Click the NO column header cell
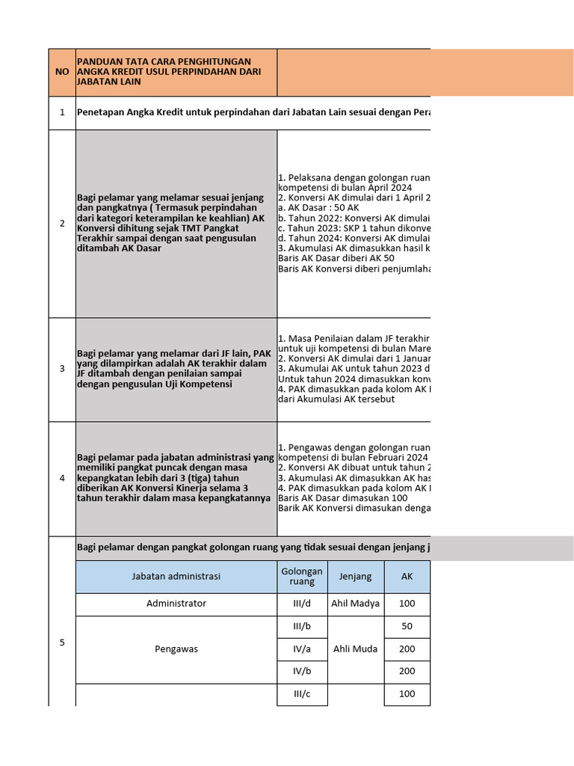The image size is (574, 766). click(62, 72)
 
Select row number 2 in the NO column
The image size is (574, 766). click(62, 223)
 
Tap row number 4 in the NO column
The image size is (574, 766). click(62, 478)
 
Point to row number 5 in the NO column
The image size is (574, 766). click(62, 641)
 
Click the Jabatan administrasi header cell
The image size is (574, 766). click(176, 577)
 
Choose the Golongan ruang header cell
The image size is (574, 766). click(302, 577)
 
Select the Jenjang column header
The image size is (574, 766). click(355, 577)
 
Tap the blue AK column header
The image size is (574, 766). click(407, 577)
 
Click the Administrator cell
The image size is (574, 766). click(176, 604)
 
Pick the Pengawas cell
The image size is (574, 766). click(176, 649)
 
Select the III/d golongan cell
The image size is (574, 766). click(302, 604)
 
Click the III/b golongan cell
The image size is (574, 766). click(302, 627)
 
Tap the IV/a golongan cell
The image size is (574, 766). click(302, 649)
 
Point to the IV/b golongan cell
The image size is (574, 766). click(302, 672)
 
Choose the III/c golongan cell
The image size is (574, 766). click(302, 694)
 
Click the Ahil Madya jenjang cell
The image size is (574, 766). click(355, 604)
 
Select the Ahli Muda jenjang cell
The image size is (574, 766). click(355, 649)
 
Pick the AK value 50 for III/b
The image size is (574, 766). click(407, 627)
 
